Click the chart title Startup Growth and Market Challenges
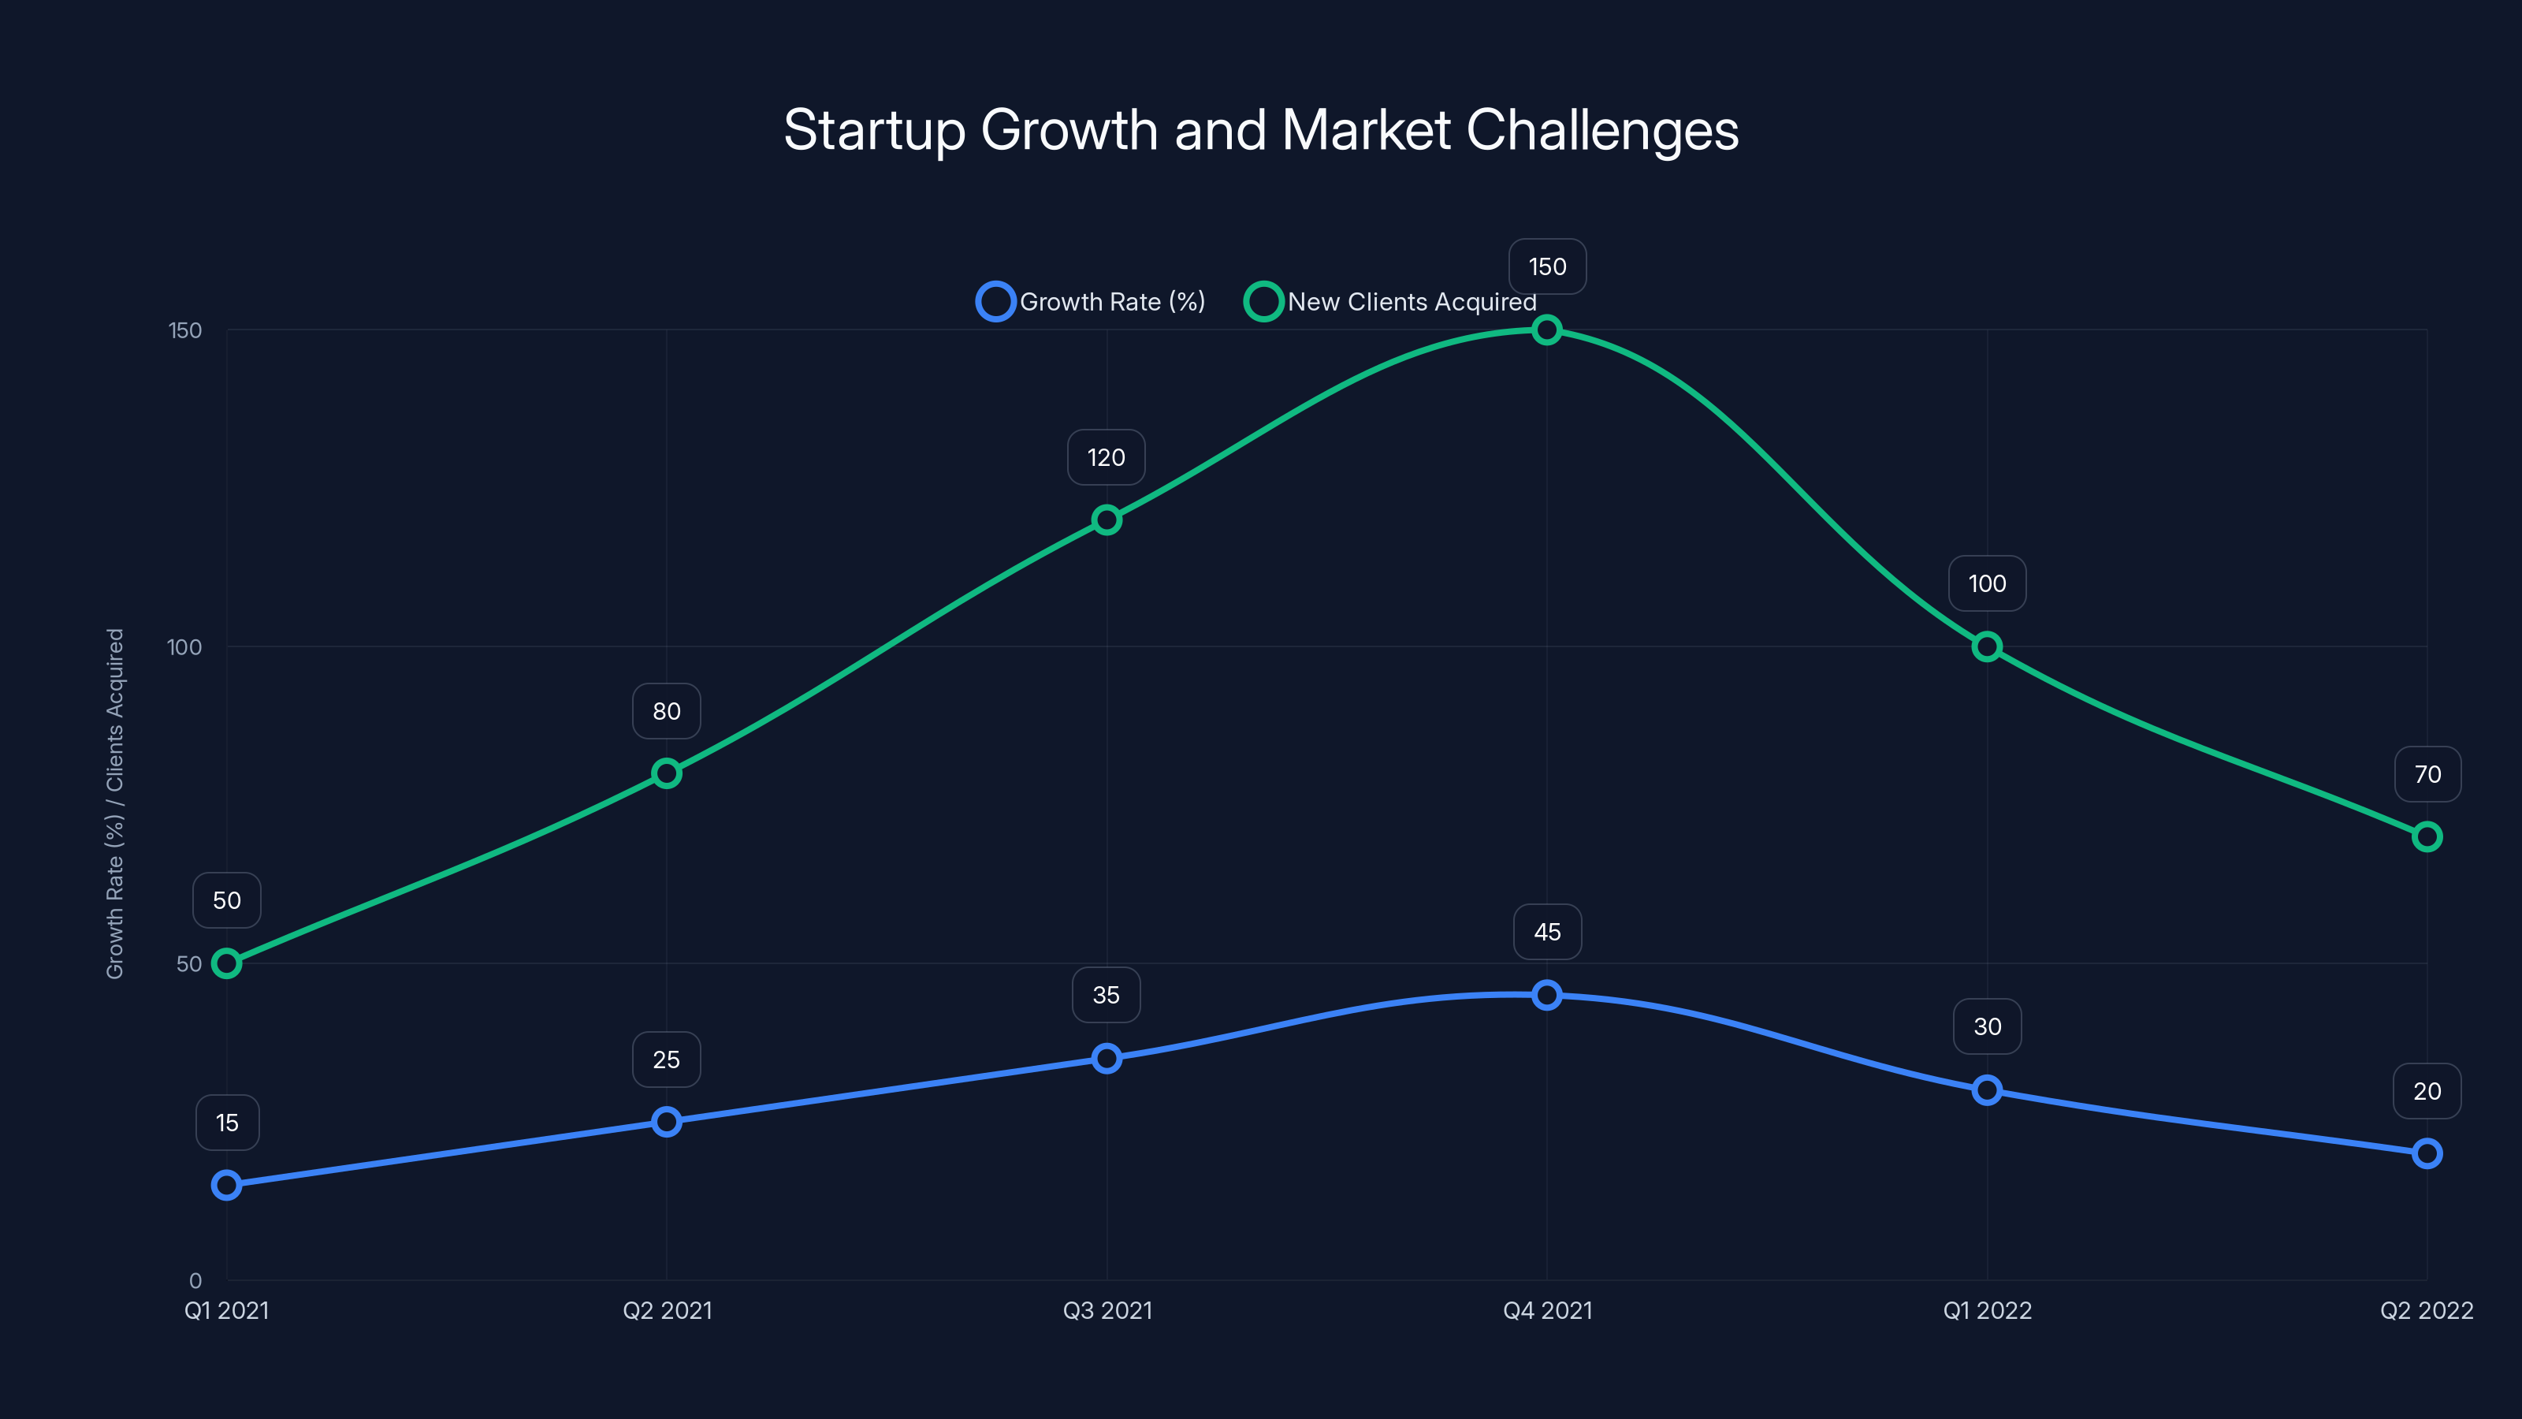tap(1261, 130)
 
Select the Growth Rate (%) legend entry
tap(1092, 302)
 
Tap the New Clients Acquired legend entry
tap(1390, 302)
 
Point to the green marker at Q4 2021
tap(1547, 330)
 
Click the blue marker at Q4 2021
tap(1547, 995)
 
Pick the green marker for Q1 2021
tap(227, 963)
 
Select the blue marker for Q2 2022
tap(2427, 1153)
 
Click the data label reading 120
tap(1107, 457)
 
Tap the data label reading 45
tap(1547, 933)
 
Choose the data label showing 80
tap(667, 711)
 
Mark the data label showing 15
tap(227, 1123)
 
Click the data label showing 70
tap(2427, 775)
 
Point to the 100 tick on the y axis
tap(184, 647)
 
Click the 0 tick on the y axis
tap(195, 1281)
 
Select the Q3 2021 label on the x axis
tap(1107, 1310)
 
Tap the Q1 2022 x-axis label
tap(1988, 1310)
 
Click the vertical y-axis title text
tap(116, 803)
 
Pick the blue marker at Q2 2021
tap(667, 1121)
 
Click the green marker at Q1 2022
tap(1986, 646)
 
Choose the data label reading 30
tap(1988, 1026)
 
